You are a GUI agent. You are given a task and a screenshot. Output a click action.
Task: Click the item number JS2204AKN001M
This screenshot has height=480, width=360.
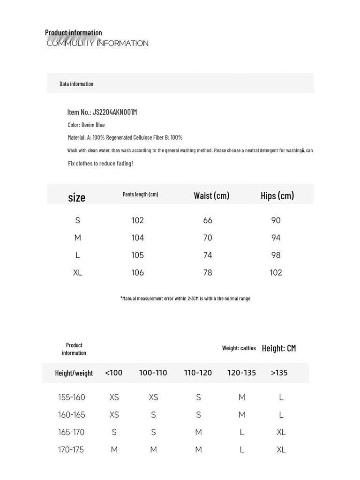(x=114, y=112)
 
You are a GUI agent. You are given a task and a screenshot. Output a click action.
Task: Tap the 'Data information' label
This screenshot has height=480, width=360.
(x=76, y=84)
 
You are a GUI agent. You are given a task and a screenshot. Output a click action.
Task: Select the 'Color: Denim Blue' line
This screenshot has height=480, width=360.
(x=86, y=125)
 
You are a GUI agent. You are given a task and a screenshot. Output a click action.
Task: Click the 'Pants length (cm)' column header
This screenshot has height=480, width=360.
(x=141, y=195)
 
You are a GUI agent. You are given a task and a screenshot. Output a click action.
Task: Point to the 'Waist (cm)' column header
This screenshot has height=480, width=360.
(x=211, y=195)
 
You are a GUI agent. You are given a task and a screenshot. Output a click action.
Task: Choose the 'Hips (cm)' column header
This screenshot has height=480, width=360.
(x=277, y=195)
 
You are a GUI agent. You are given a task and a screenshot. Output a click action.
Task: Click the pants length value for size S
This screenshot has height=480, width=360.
(x=138, y=220)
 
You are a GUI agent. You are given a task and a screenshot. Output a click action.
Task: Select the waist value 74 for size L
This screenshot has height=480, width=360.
(x=208, y=255)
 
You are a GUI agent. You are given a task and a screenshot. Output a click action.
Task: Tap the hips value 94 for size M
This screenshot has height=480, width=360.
(x=276, y=238)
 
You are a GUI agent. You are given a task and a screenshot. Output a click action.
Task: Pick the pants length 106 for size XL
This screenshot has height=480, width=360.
(x=138, y=272)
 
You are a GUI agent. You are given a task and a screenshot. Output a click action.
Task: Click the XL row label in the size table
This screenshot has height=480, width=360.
(x=78, y=272)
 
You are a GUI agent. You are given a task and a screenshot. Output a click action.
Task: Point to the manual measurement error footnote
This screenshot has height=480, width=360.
(x=185, y=298)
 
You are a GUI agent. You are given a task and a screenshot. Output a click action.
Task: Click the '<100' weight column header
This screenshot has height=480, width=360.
(x=114, y=373)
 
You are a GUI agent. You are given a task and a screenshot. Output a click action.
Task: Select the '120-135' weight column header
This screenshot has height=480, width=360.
(x=241, y=373)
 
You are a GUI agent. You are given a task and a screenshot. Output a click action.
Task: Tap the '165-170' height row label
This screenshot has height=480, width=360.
(x=71, y=432)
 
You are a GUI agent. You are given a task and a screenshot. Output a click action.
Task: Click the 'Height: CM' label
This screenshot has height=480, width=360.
(x=279, y=348)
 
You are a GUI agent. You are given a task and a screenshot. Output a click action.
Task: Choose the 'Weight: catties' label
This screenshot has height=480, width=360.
(x=239, y=348)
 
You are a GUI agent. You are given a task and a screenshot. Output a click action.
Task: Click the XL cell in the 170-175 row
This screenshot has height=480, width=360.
(x=281, y=450)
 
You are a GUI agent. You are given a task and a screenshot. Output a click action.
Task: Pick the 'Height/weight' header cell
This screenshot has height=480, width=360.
(x=74, y=373)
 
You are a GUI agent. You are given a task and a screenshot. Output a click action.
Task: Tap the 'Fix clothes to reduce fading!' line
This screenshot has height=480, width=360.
(x=101, y=164)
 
